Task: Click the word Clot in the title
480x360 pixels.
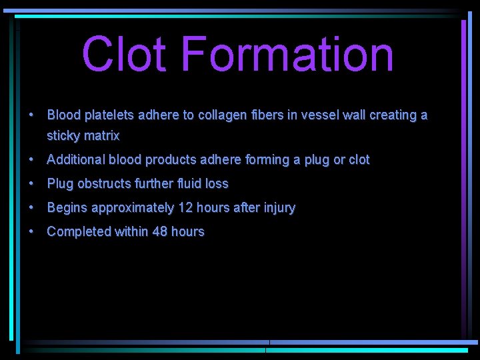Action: [124, 55]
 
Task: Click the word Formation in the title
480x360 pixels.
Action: [287, 55]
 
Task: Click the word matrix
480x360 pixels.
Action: [102, 137]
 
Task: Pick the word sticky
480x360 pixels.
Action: [64, 137]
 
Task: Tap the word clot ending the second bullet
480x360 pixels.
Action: [359, 160]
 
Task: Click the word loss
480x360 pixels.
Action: [217, 184]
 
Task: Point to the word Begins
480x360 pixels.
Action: [67, 208]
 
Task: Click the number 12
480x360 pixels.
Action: [185, 208]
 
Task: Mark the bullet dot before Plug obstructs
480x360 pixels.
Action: [31, 183]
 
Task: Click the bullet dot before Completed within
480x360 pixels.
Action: [31, 231]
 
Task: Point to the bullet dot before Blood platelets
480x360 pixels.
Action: [31, 115]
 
